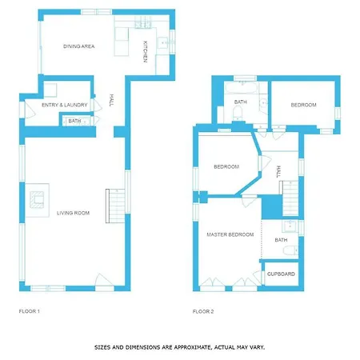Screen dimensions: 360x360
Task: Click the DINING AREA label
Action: [x=78, y=46]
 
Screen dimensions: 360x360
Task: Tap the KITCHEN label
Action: [x=146, y=52]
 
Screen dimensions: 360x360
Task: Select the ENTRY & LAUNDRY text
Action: [x=65, y=105]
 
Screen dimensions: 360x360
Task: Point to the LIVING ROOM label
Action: [x=73, y=213]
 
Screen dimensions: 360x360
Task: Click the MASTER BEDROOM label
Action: [x=230, y=234]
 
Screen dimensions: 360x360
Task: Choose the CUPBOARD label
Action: [x=281, y=274]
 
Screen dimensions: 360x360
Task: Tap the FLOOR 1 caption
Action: [x=30, y=311]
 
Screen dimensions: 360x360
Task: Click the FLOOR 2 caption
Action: [x=203, y=311]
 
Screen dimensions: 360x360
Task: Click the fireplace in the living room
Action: [x=37, y=200]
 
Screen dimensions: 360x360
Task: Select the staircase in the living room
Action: [x=115, y=206]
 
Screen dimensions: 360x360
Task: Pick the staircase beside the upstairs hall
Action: [x=290, y=198]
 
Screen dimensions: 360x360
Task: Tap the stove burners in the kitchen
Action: [x=143, y=22]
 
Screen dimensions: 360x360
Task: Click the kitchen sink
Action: [x=162, y=42]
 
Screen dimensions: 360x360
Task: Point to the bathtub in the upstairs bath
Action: [x=242, y=87]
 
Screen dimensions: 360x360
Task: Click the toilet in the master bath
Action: [x=290, y=250]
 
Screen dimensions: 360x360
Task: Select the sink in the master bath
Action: [x=289, y=226]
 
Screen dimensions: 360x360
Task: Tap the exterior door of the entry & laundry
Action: [x=30, y=110]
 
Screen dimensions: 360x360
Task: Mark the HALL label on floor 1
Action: [x=111, y=100]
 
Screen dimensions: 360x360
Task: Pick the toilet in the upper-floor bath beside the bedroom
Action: [x=237, y=113]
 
